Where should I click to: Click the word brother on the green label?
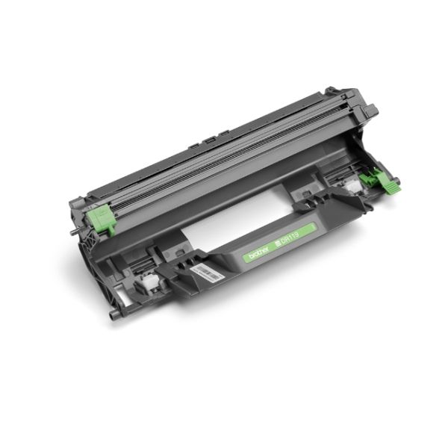pyautogui.click(x=258, y=253)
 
